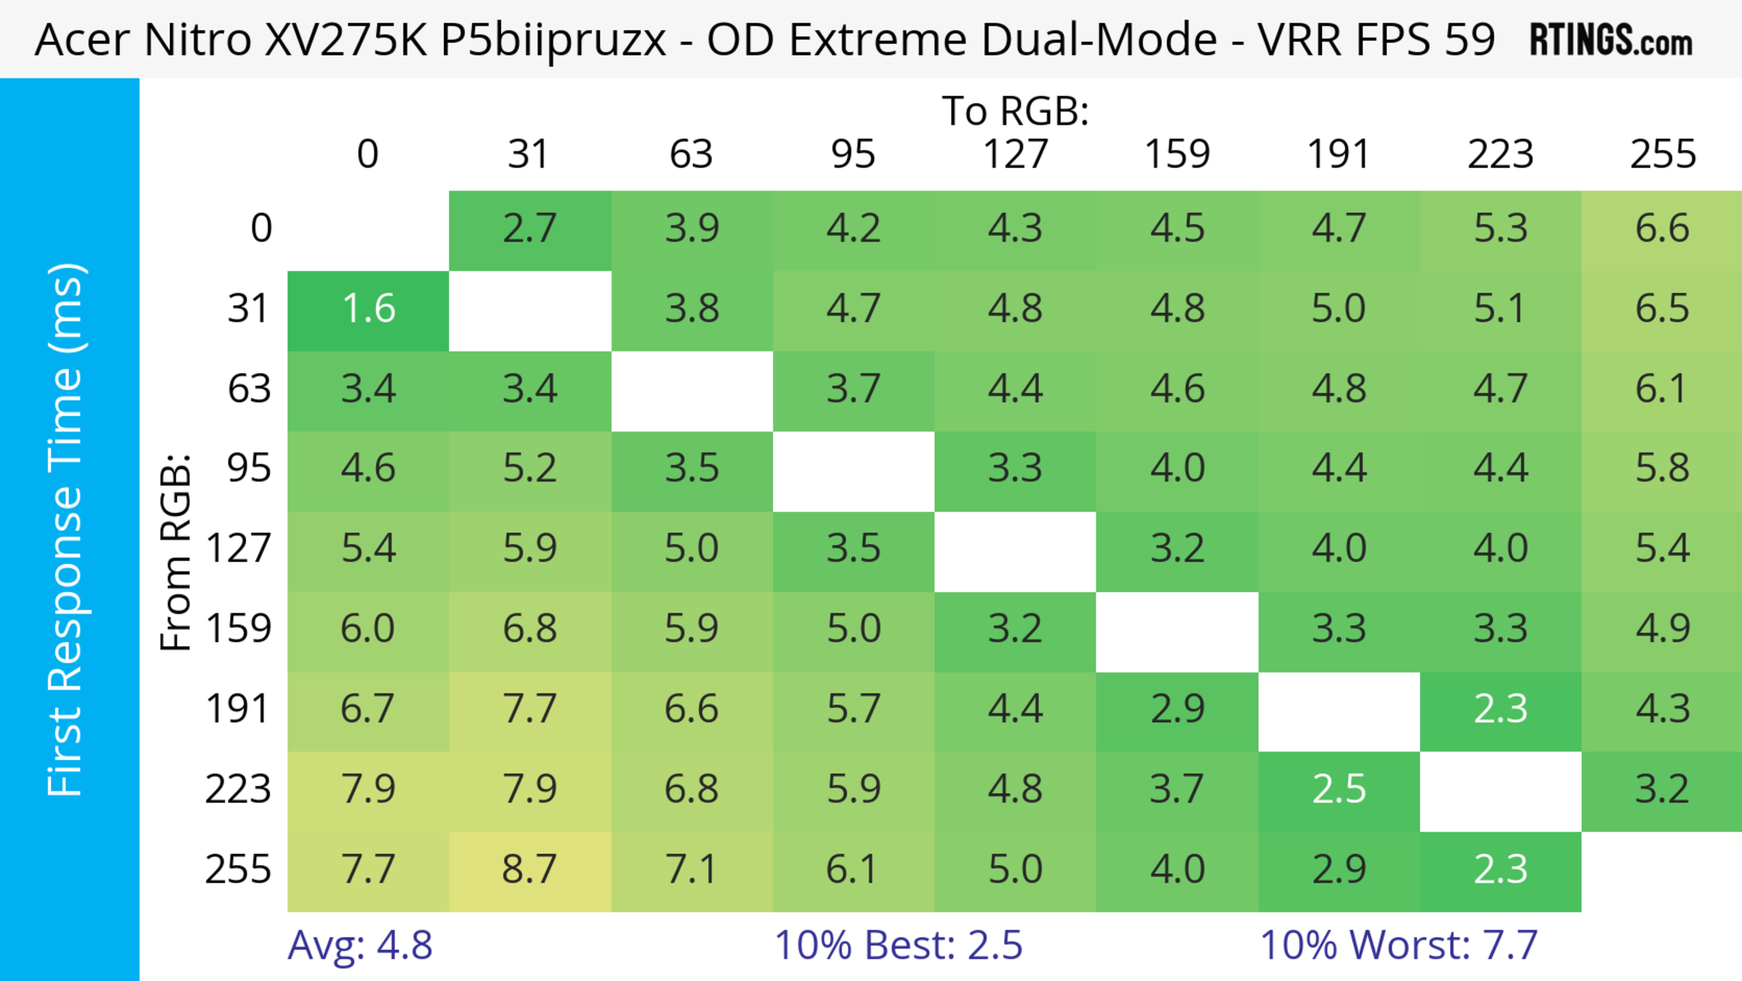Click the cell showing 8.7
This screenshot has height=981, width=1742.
coord(529,869)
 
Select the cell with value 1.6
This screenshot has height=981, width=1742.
coord(368,309)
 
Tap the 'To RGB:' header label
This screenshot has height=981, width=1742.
coord(1015,111)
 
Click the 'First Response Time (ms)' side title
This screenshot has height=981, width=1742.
coord(66,529)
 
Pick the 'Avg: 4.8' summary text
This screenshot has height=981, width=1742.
coord(360,945)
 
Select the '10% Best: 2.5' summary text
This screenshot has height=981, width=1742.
coord(898,945)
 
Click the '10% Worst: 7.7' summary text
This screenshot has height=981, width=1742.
coord(1399,945)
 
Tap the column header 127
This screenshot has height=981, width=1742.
coord(1015,154)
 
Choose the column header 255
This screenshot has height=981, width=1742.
coord(1662,154)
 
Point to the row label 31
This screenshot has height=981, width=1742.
coord(249,309)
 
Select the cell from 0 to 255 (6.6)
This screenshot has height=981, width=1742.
coord(1662,229)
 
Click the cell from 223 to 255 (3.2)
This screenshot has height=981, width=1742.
coord(1662,789)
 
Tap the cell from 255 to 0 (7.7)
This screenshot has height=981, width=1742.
coord(368,869)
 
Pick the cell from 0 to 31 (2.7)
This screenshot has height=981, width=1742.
coord(529,229)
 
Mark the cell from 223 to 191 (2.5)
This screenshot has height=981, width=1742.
coord(1339,789)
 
